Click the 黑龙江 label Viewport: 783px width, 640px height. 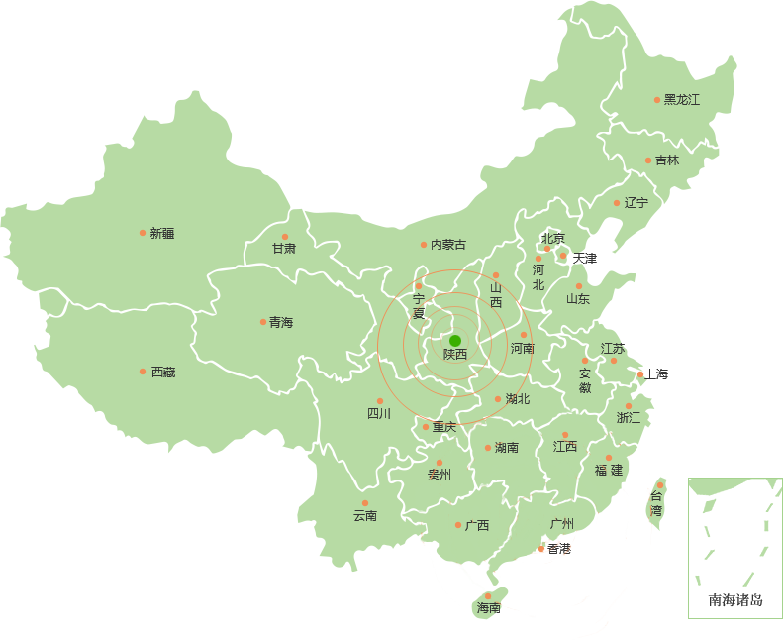click(682, 100)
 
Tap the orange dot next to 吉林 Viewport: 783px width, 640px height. click(648, 160)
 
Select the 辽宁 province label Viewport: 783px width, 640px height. click(636, 203)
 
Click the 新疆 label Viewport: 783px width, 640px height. click(161, 234)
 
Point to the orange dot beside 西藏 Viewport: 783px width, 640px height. click(143, 372)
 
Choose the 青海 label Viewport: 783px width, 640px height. click(280, 323)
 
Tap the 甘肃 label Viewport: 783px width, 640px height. click(284, 249)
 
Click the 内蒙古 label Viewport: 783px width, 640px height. click(447, 245)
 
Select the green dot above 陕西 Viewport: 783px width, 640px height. click(455, 341)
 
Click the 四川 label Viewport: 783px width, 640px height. click(379, 414)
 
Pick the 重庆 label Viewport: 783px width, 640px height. click(444, 427)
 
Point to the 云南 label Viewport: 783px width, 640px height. click(365, 516)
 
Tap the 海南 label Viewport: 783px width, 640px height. click(488, 608)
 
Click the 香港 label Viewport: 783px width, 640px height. click(559, 549)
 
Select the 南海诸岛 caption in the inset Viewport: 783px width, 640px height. click(735, 600)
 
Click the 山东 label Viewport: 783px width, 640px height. click(578, 299)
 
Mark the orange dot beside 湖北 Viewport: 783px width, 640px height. click(498, 399)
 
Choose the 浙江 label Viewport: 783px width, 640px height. click(629, 418)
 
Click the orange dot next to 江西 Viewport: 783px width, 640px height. click(565, 435)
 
